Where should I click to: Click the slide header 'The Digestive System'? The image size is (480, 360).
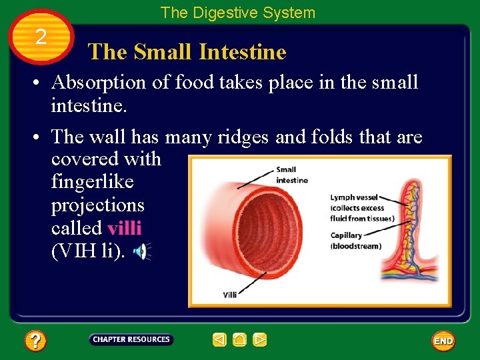tap(237, 13)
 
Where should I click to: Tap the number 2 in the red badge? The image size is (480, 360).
tap(41, 37)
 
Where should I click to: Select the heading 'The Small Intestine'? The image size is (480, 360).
tap(187, 52)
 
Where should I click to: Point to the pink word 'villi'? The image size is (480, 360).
tap(124, 227)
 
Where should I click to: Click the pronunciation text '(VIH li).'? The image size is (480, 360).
tap(87, 250)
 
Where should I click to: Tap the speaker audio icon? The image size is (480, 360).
tap(141, 251)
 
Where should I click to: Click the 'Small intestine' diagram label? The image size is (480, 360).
tap(291, 175)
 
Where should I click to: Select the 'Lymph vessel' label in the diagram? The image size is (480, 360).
tap(354, 197)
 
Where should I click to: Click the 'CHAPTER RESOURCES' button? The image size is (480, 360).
tap(131, 339)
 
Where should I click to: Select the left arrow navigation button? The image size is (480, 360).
tap(220, 340)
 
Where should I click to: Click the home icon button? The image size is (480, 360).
tap(240, 340)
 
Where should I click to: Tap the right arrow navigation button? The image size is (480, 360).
tap(260, 340)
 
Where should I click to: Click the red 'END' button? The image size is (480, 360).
tap(443, 341)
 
